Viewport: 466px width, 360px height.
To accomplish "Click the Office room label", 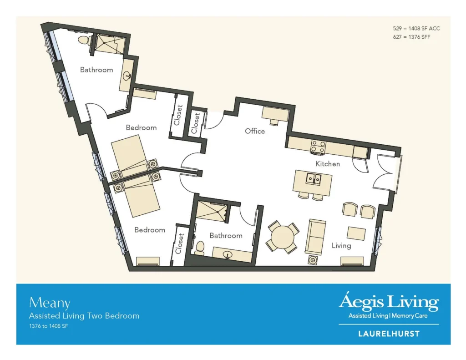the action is tap(255, 131).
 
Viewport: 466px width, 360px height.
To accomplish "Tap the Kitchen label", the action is tap(328, 164).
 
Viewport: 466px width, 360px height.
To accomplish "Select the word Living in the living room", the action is tap(341, 246).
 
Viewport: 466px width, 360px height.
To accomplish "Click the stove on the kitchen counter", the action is tap(318, 147).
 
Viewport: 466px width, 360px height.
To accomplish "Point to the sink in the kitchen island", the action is tap(314, 179).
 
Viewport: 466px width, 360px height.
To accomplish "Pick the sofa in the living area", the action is tap(315, 237).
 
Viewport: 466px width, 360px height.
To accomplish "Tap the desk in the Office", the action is tap(275, 115).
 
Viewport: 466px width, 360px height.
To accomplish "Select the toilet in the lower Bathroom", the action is tap(200, 248).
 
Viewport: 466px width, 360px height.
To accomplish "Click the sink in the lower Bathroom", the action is tap(228, 255).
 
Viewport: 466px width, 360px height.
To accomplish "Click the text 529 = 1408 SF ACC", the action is tap(416, 29).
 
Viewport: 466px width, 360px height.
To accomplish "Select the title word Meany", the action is tap(50, 303).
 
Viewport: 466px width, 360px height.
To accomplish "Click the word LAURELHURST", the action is tap(389, 334).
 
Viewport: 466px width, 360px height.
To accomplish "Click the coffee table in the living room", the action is tap(356, 233).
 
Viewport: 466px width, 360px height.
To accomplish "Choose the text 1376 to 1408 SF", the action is tap(48, 326).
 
